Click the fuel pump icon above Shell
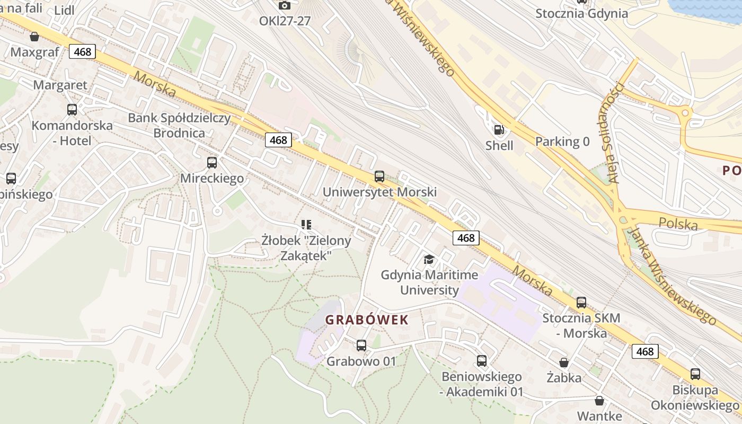(x=499, y=129)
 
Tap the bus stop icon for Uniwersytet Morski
(x=379, y=176)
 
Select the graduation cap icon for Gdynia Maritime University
(x=429, y=259)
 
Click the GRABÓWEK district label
(x=367, y=320)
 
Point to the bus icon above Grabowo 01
(x=361, y=346)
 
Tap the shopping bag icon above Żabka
(x=564, y=363)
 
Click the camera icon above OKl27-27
(x=285, y=5)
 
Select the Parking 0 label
(x=562, y=142)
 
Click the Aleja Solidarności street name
(x=616, y=132)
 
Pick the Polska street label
(x=678, y=224)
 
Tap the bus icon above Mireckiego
(x=212, y=163)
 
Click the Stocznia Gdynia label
(x=581, y=13)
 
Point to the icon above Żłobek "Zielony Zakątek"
(x=306, y=225)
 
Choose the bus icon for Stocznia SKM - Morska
(x=581, y=303)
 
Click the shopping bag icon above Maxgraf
(x=34, y=37)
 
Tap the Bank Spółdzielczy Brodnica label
(x=179, y=125)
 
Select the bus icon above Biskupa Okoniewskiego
(x=695, y=374)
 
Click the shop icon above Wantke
(x=599, y=400)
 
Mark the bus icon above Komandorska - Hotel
(x=72, y=110)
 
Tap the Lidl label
(x=64, y=11)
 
